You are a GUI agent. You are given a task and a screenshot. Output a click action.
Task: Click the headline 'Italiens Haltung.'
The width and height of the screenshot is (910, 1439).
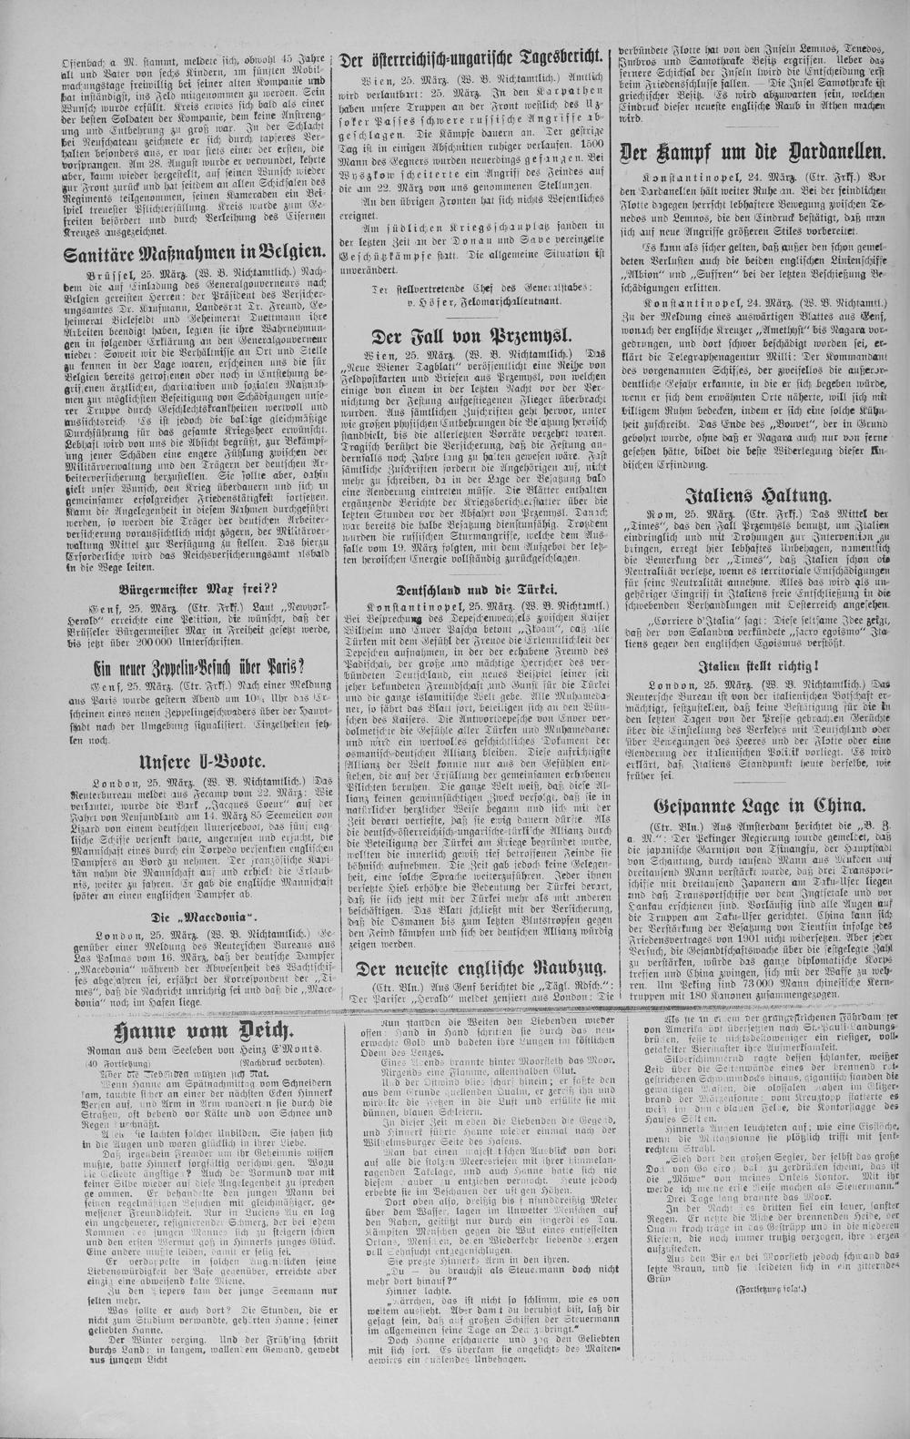758,495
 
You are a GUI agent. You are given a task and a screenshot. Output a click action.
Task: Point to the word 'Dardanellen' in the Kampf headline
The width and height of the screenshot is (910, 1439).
823,151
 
